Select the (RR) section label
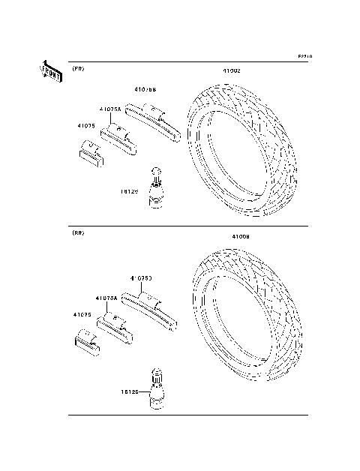coord(78,233)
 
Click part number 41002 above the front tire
coord(231,70)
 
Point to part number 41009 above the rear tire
coord(240,236)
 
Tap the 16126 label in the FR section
coord(130,191)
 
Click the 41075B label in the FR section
coord(145,90)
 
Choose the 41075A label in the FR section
coord(110,109)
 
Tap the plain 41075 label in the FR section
coord(85,125)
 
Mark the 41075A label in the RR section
coord(106,297)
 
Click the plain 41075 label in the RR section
coord(82,315)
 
